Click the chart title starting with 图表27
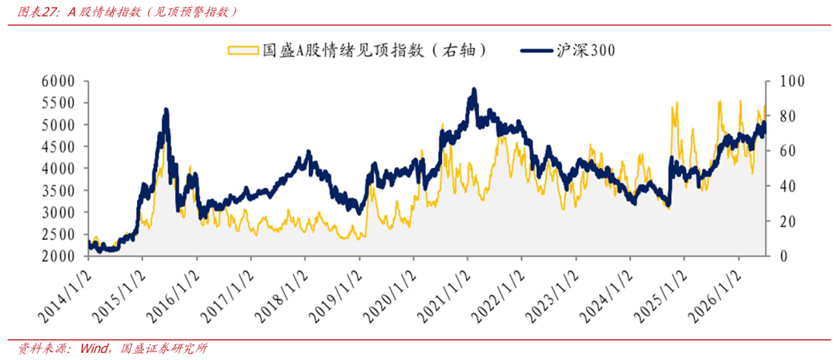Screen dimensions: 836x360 click(x=127, y=12)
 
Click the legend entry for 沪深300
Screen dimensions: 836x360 click(x=568, y=50)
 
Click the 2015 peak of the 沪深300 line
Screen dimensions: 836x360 click(x=166, y=111)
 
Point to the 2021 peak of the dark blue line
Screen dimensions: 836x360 click(x=474, y=90)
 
